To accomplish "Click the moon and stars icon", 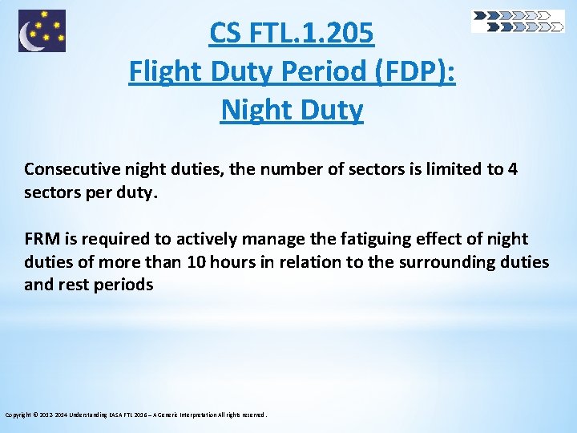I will pos(42,30).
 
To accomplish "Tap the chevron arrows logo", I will pos(518,21).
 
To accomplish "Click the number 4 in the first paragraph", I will pos(513,169).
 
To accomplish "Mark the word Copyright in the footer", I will pos(18,415).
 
